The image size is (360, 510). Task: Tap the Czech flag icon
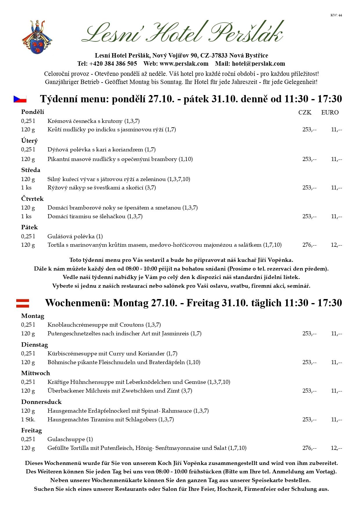click(20, 99)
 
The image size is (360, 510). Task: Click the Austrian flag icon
click(23, 303)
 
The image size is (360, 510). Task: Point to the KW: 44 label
click(336, 15)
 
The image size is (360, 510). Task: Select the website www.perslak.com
click(184, 64)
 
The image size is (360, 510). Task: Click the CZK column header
click(305, 112)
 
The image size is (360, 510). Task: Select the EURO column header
click(330, 112)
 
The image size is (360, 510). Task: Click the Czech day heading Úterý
click(29, 141)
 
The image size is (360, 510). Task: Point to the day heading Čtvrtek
click(32, 199)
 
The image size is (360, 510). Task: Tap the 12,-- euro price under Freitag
click(336, 448)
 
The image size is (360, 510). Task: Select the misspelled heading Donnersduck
click(41, 402)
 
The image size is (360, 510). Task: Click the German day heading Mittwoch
click(35, 373)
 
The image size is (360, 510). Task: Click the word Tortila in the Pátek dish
click(56, 245)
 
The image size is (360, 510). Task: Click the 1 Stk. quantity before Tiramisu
click(28, 419)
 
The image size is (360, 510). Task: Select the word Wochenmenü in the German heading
click(78, 303)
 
